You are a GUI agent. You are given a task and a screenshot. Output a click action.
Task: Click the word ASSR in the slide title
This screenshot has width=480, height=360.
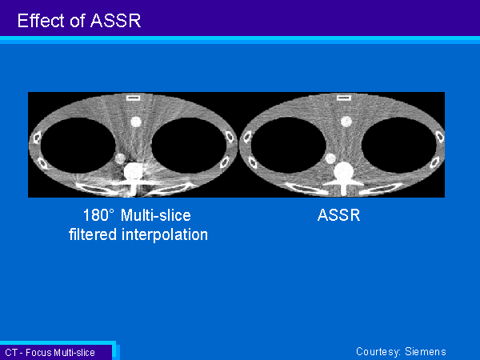(x=116, y=21)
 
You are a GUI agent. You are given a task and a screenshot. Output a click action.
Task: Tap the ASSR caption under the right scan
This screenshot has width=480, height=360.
(x=338, y=215)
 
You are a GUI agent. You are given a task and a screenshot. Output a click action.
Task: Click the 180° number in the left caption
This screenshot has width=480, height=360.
(x=98, y=215)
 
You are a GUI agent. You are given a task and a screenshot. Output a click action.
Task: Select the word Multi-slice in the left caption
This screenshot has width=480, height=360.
(x=156, y=215)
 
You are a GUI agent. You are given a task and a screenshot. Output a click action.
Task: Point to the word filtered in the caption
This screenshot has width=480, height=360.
(x=93, y=234)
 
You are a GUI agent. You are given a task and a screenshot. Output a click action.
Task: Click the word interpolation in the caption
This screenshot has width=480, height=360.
(x=165, y=234)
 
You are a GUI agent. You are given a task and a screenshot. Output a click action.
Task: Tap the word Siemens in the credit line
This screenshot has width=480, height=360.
(x=426, y=351)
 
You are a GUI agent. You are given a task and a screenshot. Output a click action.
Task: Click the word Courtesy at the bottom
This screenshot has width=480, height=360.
(x=378, y=352)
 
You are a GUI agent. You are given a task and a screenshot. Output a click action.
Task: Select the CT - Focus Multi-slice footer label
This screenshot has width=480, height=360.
(x=50, y=352)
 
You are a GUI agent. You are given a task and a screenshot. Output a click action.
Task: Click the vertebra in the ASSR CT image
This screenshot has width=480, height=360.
(x=344, y=178)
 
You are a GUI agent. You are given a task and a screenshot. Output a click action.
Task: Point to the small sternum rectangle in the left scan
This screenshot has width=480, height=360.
(x=133, y=98)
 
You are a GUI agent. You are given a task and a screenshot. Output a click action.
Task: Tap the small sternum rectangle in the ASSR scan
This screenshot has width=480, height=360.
(x=344, y=98)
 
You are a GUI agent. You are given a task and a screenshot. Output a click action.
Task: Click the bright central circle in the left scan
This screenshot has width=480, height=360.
(x=136, y=122)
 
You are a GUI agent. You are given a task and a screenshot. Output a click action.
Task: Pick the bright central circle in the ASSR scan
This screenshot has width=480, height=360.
(x=346, y=122)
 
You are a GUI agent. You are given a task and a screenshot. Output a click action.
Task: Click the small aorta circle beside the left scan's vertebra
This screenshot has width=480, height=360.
(x=120, y=158)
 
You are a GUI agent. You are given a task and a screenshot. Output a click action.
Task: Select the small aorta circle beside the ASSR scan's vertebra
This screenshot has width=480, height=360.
(x=330, y=158)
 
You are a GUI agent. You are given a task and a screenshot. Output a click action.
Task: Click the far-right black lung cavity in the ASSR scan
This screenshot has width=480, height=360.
(x=399, y=145)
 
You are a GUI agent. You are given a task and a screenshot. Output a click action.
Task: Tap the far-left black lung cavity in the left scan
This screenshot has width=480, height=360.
(x=78, y=145)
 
